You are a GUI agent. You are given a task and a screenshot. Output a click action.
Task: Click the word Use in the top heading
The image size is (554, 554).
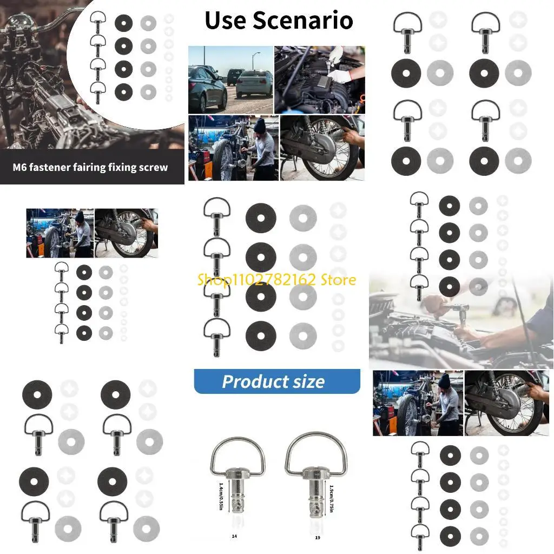click(x=228, y=21)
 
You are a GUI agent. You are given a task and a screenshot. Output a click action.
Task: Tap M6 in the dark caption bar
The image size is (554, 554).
click(x=21, y=167)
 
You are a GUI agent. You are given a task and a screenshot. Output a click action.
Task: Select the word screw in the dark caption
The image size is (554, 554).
click(x=154, y=167)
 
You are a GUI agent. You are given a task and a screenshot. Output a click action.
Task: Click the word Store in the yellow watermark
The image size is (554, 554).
click(x=336, y=280)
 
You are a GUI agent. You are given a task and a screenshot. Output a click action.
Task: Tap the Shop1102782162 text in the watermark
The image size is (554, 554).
click(x=255, y=280)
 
